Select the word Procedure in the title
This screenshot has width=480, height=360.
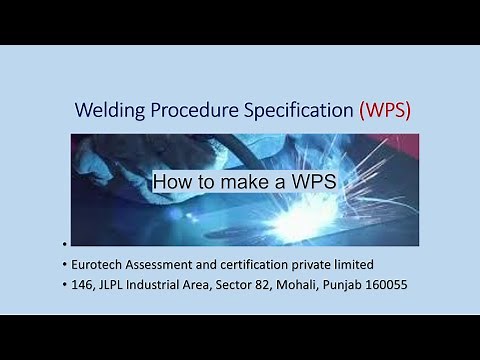[196, 110]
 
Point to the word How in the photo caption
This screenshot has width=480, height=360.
[172, 183]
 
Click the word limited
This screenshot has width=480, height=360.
[373, 264]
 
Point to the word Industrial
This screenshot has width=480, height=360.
[183, 285]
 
